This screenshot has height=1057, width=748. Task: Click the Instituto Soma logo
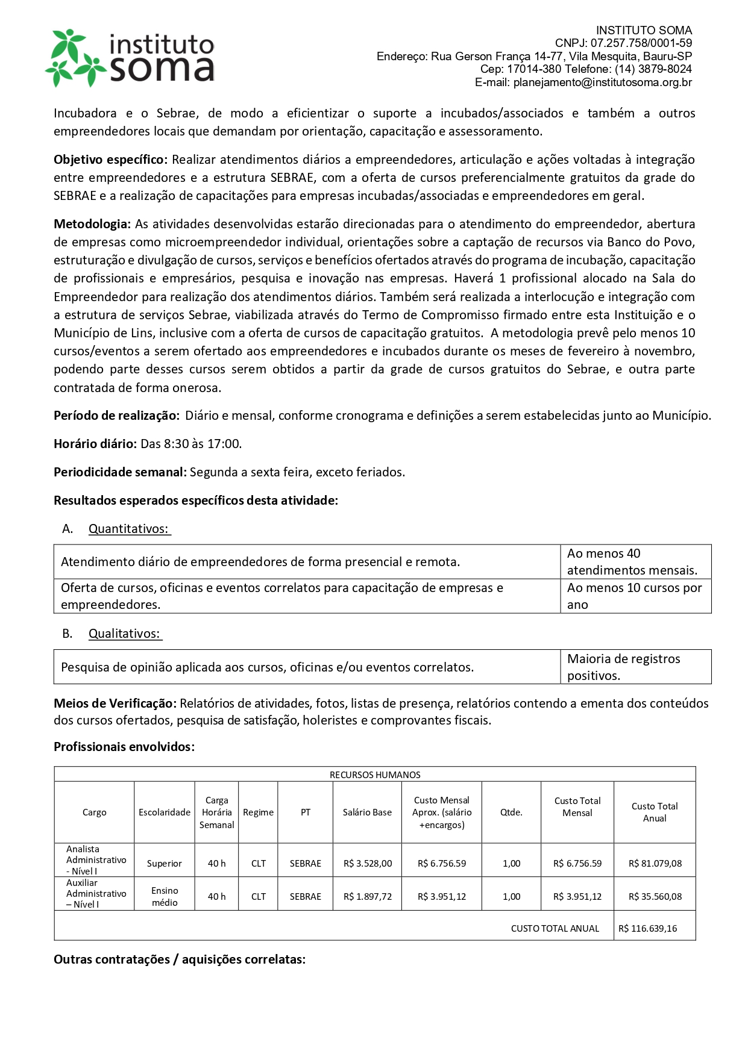(x=130, y=58)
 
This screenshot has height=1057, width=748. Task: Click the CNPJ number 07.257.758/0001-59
(x=641, y=43)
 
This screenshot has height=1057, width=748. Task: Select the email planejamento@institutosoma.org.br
(x=602, y=83)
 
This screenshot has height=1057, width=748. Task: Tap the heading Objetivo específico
(x=110, y=160)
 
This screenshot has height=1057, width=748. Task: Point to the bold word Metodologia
(x=92, y=224)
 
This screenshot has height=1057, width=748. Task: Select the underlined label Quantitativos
(x=129, y=529)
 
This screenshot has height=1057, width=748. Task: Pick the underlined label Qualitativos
(x=125, y=634)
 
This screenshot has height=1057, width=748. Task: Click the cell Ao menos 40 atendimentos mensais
(x=632, y=562)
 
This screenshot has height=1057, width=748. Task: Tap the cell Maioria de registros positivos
(x=623, y=667)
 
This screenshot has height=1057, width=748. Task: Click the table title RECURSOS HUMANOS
(x=375, y=775)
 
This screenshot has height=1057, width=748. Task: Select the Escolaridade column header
(x=165, y=812)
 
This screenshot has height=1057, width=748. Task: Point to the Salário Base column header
(x=367, y=812)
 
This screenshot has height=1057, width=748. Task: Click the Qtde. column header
(x=511, y=812)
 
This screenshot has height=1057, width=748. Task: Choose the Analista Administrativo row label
(x=96, y=860)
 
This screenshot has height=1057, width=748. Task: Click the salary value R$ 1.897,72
(x=368, y=896)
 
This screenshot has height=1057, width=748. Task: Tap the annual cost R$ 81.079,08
(x=655, y=863)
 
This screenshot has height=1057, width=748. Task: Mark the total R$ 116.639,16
(x=648, y=928)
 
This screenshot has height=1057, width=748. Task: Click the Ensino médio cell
(x=165, y=896)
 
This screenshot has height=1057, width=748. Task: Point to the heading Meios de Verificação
(x=115, y=703)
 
